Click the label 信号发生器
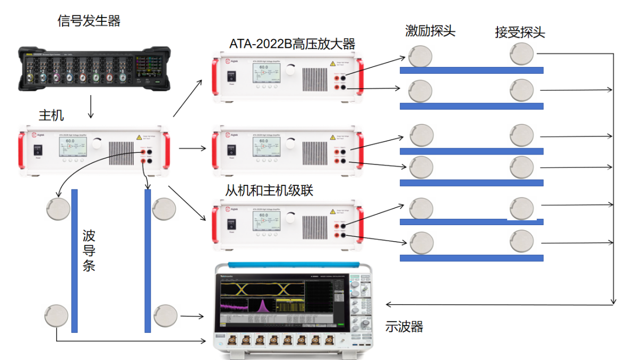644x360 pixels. [x=89, y=21]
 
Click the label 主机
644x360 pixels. [x=51, y=115]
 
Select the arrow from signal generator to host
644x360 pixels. [x=91, y=107]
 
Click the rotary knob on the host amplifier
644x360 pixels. [x=96, y=143]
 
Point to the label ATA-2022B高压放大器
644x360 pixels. [x=292, y=44]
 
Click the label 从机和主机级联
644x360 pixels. [x=269, y=190]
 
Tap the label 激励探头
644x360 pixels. [x=430, y=31]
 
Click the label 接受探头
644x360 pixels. [x=520, y=32]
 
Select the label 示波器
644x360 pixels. [x=404, y=327]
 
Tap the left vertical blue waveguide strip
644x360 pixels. [x=74, y=260]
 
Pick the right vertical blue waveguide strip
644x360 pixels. [x=148, y=260]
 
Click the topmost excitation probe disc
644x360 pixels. [x=420, y=56]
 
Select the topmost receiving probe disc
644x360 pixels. [x=521, y=54]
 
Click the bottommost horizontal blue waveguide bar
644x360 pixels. [x=471, y=258]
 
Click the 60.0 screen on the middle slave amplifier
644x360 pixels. [x=263, y=145]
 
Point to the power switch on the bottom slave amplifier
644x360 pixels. [x=231, y=224]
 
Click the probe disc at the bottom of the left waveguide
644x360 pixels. [x=57, y=316]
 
